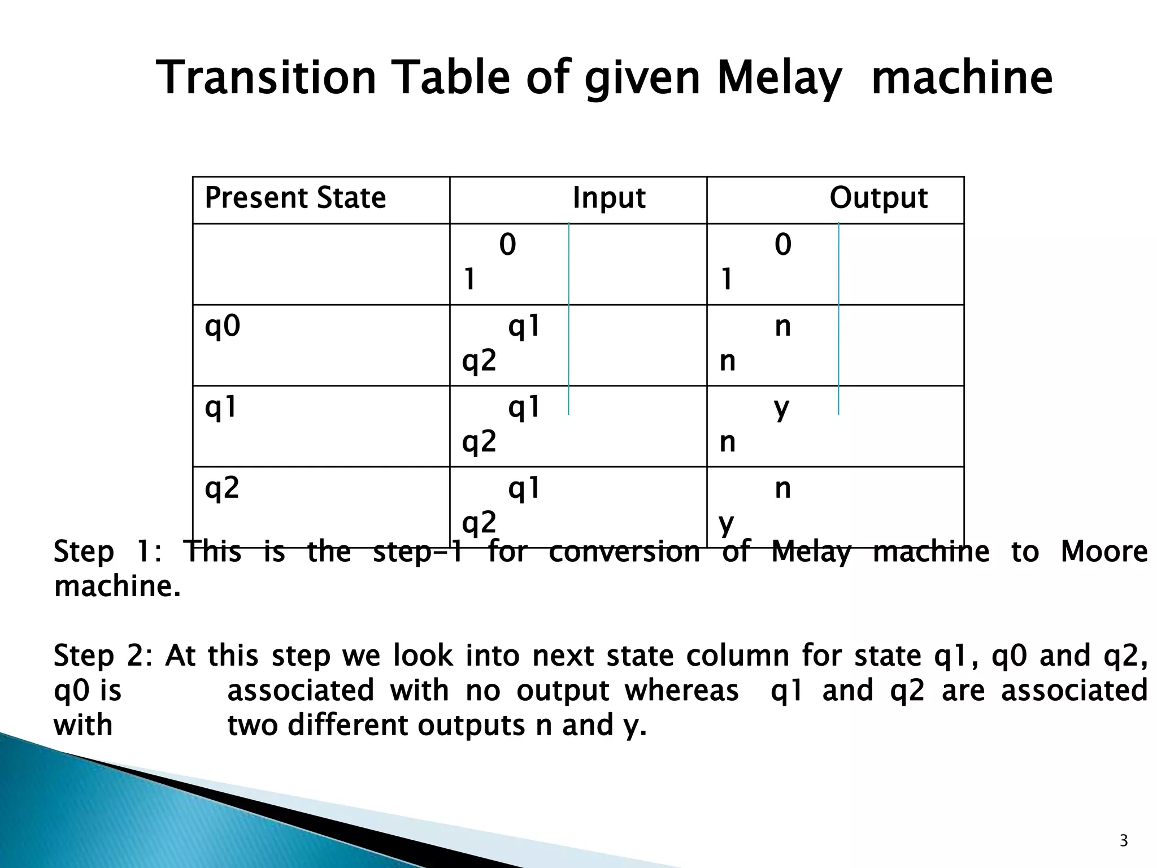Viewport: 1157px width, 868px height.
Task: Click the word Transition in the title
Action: click(x=266, y=78)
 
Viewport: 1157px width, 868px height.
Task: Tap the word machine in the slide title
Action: click(x=962, y=78)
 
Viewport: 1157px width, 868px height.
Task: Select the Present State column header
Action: click(x=295, y=198)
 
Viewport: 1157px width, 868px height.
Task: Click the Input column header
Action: click(x=608, y=198)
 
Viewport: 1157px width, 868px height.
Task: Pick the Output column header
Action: click(x=878, y=198)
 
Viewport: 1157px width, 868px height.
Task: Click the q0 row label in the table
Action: click(x=223, y=326)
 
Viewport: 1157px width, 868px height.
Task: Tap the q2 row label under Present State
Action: click(x=222, y=488)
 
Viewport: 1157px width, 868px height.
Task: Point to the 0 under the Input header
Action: click(x=507, y=245)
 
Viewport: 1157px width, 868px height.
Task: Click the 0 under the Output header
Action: click(x=782, y=245)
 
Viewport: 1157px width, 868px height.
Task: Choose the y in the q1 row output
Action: click(x=782, y=408)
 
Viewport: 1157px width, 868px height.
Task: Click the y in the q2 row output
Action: click(x=727, y=523)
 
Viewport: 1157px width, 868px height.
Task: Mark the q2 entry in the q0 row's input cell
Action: click(x=479, y=361)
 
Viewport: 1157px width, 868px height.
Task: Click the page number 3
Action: click(x=1124, y=841)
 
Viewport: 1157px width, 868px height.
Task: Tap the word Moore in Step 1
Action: click(x=1104, y=552)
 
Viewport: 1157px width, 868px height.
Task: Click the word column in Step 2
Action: click(x=738, y=656)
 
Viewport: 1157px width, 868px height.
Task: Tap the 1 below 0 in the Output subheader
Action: click(x=727, y=279)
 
